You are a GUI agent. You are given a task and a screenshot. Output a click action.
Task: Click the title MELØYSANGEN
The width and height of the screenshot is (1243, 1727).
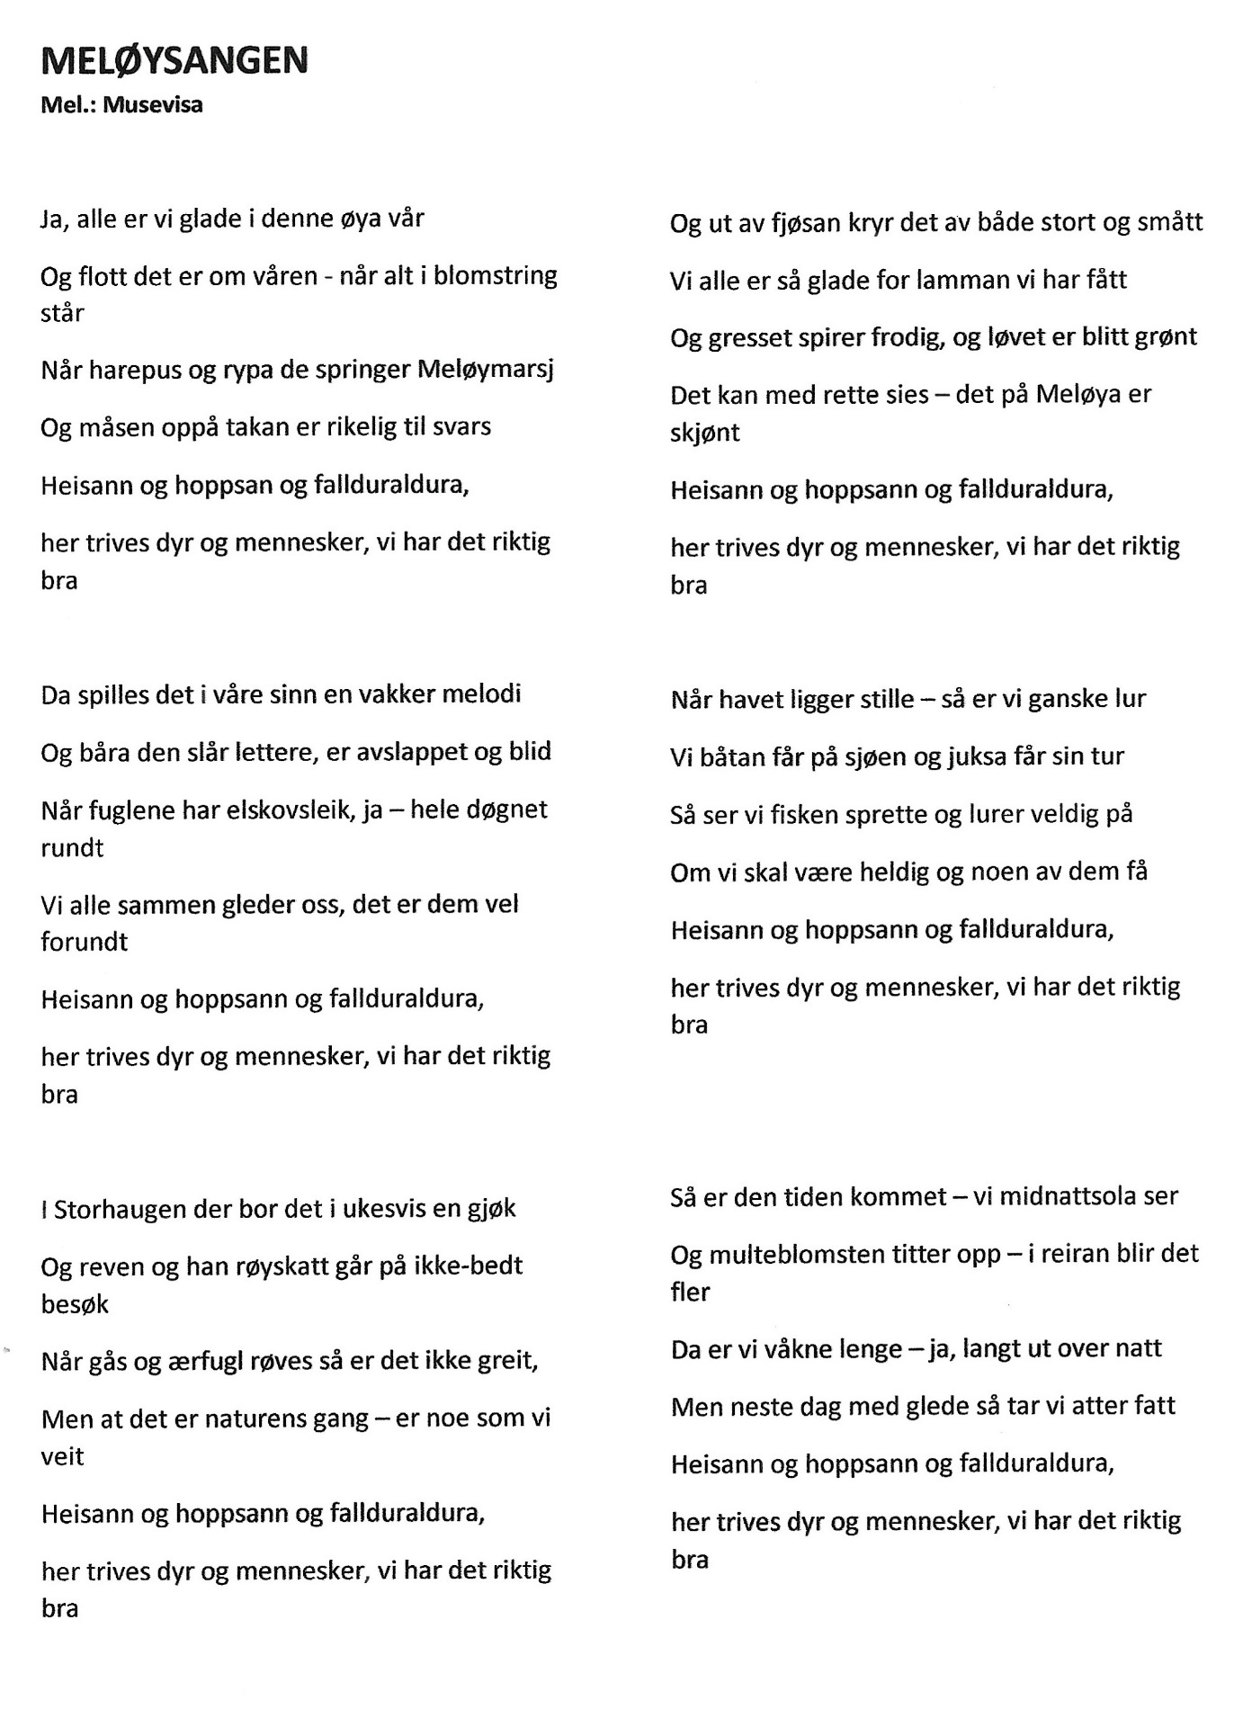point(174,60)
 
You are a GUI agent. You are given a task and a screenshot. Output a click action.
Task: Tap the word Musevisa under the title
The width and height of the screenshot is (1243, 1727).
point(153,104)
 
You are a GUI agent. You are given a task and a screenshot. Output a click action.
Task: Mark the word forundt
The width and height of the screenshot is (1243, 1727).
point(85,942)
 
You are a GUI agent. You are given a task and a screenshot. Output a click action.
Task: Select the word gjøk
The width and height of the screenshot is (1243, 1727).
point(489,1209)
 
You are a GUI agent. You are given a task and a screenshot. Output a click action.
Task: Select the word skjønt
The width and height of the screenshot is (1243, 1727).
point(705,433)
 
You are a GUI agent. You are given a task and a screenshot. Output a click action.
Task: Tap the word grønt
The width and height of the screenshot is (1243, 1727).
point(1164,337)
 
